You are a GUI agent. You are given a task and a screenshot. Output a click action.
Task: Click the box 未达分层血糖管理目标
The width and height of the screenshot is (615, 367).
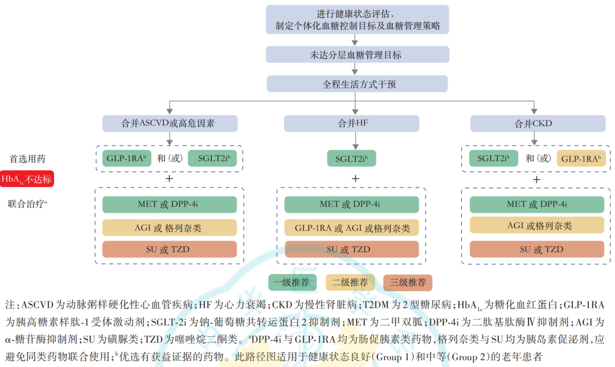(x=355, y=55)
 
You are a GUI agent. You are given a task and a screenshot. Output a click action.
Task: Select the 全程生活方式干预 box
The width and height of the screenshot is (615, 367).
(x=355, y=84)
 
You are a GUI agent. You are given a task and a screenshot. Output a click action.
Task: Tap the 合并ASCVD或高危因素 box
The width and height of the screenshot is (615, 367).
(x=170, y=124)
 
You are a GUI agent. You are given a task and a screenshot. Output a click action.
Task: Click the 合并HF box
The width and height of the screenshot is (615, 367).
(x=351, y=124)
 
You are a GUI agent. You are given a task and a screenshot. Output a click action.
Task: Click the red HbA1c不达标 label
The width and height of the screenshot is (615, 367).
(x=27, y=179)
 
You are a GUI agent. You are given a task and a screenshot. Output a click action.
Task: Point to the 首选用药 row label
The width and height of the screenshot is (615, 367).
(x=27, y=158)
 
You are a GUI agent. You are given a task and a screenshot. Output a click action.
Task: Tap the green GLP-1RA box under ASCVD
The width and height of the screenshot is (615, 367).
(x=127, y=158)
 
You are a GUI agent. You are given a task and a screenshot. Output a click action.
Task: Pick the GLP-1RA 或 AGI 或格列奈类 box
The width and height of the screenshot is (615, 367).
(x=351, y=228)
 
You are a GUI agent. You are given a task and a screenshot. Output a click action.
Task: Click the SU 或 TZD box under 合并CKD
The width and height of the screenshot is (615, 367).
(x=536, y=250)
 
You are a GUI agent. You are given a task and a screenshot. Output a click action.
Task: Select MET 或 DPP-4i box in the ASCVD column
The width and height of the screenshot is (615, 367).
(x=170, y=205)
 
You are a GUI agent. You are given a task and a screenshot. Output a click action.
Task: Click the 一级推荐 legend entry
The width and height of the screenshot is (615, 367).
(x=293, y=282)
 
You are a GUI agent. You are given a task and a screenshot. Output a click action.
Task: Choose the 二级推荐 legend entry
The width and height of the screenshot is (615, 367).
(x=350, y=282)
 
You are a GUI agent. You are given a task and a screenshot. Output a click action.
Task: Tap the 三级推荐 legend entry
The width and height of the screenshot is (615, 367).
(x=408, y=282)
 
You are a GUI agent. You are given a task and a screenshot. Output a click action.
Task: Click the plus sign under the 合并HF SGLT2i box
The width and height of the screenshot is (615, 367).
(x=355, y=179)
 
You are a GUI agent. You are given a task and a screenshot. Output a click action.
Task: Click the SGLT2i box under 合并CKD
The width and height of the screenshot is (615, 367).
(x=493, y=158)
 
